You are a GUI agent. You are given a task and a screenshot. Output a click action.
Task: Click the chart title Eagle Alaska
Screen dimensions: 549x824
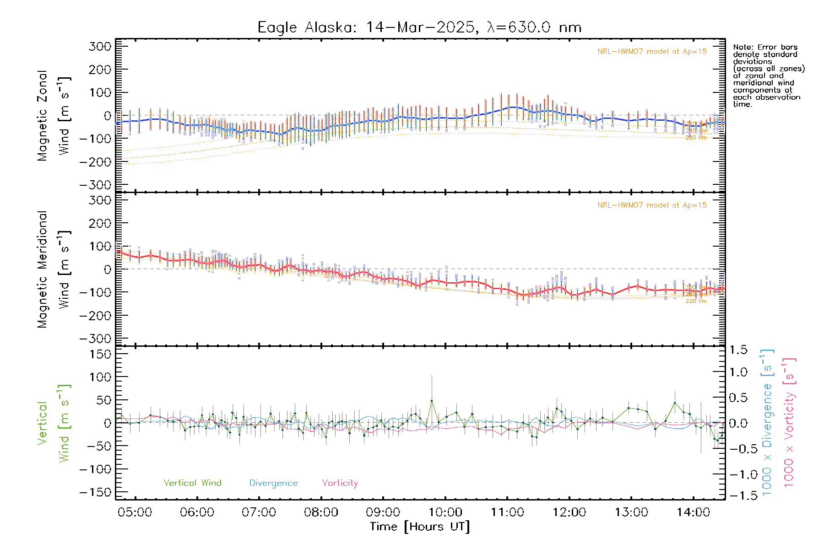(419, 27)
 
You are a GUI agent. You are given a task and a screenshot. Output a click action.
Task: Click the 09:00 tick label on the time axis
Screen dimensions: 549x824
(383, 512)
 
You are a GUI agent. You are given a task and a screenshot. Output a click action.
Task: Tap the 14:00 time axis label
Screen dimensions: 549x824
(693, 512)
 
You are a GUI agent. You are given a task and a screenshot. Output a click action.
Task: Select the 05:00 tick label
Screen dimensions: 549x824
(135, 512)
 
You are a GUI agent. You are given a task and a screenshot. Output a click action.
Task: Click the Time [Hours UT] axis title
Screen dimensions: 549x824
(420, 527)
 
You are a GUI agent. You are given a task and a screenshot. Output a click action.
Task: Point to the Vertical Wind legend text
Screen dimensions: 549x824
(192, 483)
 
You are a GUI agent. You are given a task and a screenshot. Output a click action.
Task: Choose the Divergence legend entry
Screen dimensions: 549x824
(273, 483)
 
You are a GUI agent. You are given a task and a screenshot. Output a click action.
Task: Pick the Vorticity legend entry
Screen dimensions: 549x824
(340, 483)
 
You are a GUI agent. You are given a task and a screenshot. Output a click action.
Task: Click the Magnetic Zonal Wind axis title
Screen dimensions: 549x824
(54, 115)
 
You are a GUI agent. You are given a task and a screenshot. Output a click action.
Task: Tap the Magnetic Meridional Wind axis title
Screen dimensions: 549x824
(54, 269)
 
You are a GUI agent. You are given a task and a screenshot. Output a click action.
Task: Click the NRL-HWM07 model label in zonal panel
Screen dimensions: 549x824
(652, 52)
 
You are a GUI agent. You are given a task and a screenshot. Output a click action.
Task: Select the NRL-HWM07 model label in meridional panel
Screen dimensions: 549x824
(652, 205)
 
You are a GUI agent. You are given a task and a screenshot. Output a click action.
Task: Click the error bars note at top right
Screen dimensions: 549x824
(769, 75)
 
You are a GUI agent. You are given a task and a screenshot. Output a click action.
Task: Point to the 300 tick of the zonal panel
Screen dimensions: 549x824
(100, 47)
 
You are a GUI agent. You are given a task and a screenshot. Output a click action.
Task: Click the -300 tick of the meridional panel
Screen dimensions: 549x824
(95, 339)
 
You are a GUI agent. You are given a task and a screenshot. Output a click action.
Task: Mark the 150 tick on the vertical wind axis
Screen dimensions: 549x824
(100, 355)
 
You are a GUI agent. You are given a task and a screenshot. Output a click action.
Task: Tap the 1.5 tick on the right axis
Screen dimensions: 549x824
(738, 350)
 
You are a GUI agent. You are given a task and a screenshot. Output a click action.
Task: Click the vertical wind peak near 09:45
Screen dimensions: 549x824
(431, 401)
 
